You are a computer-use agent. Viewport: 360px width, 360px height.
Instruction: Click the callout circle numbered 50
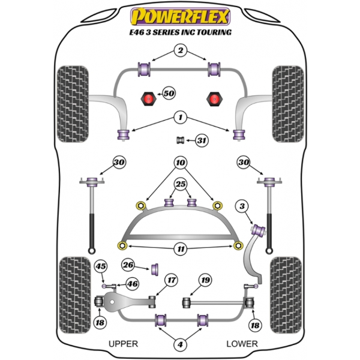169,94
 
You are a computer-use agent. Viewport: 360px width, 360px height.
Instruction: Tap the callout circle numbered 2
180,51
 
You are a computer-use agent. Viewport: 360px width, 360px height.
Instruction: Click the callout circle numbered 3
242,207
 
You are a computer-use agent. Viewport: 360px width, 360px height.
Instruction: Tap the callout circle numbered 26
128,265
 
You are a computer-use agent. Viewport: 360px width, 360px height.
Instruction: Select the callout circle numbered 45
101,268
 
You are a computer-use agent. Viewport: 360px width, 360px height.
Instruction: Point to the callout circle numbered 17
172,280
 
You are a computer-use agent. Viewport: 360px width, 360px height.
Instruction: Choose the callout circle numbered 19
206,280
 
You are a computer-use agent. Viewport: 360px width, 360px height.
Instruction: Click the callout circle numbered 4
180,344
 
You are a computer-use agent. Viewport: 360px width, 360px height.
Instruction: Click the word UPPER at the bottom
124,344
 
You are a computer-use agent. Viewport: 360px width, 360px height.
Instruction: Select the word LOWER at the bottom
242,344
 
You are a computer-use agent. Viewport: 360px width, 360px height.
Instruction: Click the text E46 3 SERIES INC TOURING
180,32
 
